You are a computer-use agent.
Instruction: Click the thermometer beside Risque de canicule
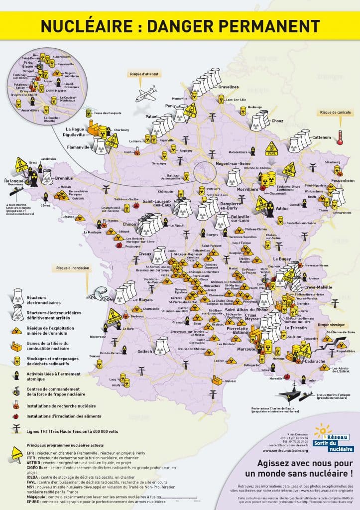(340, 136)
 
